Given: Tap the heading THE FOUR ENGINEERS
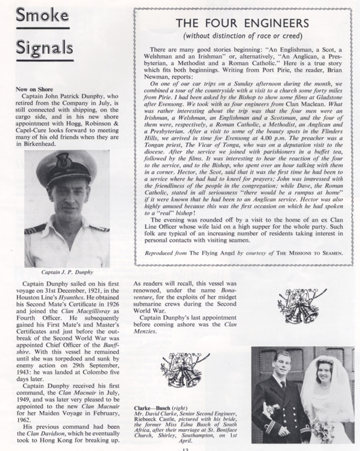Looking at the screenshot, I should click(x=241, y=23).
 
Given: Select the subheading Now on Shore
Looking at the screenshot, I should click(x=34, y=89).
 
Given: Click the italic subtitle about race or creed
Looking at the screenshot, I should click(x=241, y=36).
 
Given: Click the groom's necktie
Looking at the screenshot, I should click(x=284, y=387).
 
